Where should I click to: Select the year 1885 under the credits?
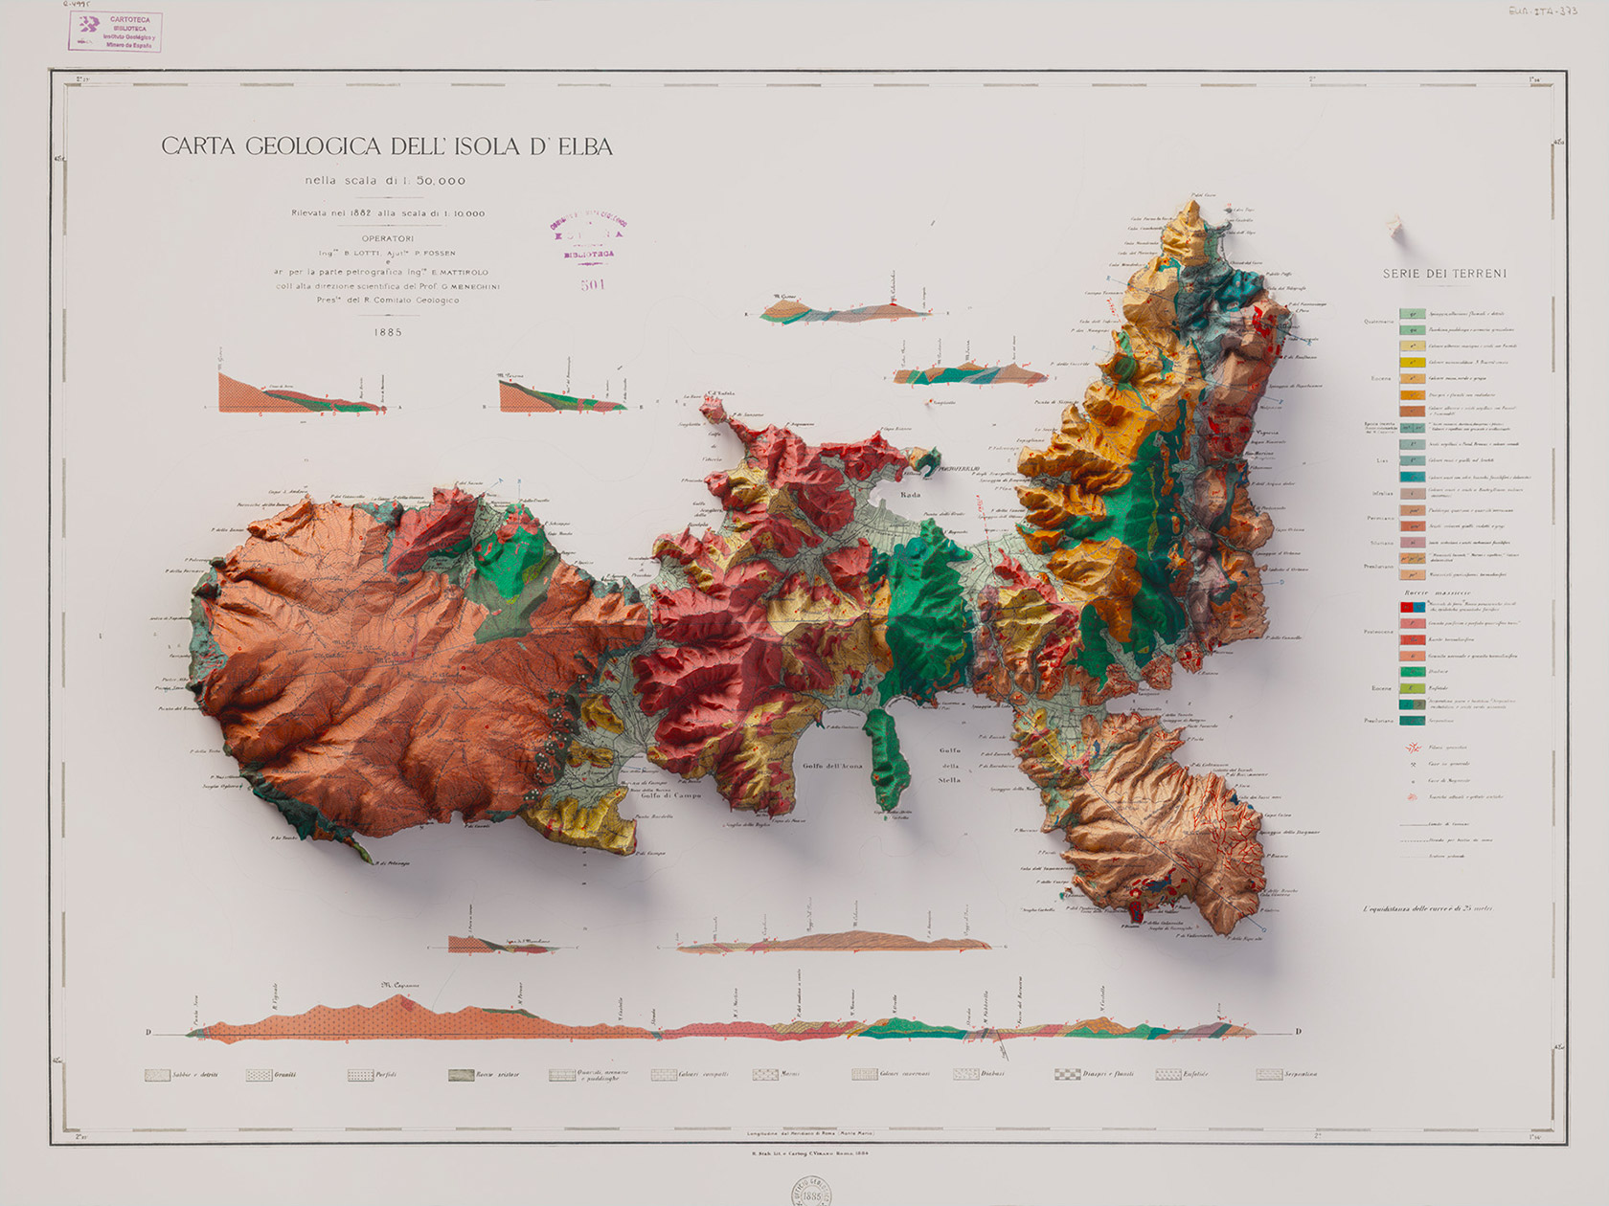pos(388,332)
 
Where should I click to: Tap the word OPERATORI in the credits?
pos(388,238)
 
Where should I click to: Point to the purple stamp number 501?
pos(593,284)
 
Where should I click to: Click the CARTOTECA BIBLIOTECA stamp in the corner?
pos(116,32)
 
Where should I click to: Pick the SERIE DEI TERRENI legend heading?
pos(1444,274)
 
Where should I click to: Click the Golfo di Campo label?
pos(670,795)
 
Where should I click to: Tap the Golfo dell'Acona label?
pos(832,766)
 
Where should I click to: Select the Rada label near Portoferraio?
pos(910,495)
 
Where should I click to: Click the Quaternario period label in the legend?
pos(1379,322)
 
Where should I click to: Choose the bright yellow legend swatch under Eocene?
pos(1412,363)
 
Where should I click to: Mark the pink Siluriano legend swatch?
pos(1412,543)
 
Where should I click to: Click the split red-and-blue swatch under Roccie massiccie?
pos(1412,607)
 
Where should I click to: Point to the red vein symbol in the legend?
pos(1411,748)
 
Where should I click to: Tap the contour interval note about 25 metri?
pos(1427,908)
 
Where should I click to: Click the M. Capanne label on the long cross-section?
pos(399,985)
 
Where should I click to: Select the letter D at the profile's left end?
pos(148,1032)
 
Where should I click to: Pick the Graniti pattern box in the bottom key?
pos(260,1075)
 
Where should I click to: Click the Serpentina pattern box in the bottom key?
pos(1269,1074)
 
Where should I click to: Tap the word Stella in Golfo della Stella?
pos(950,779)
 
